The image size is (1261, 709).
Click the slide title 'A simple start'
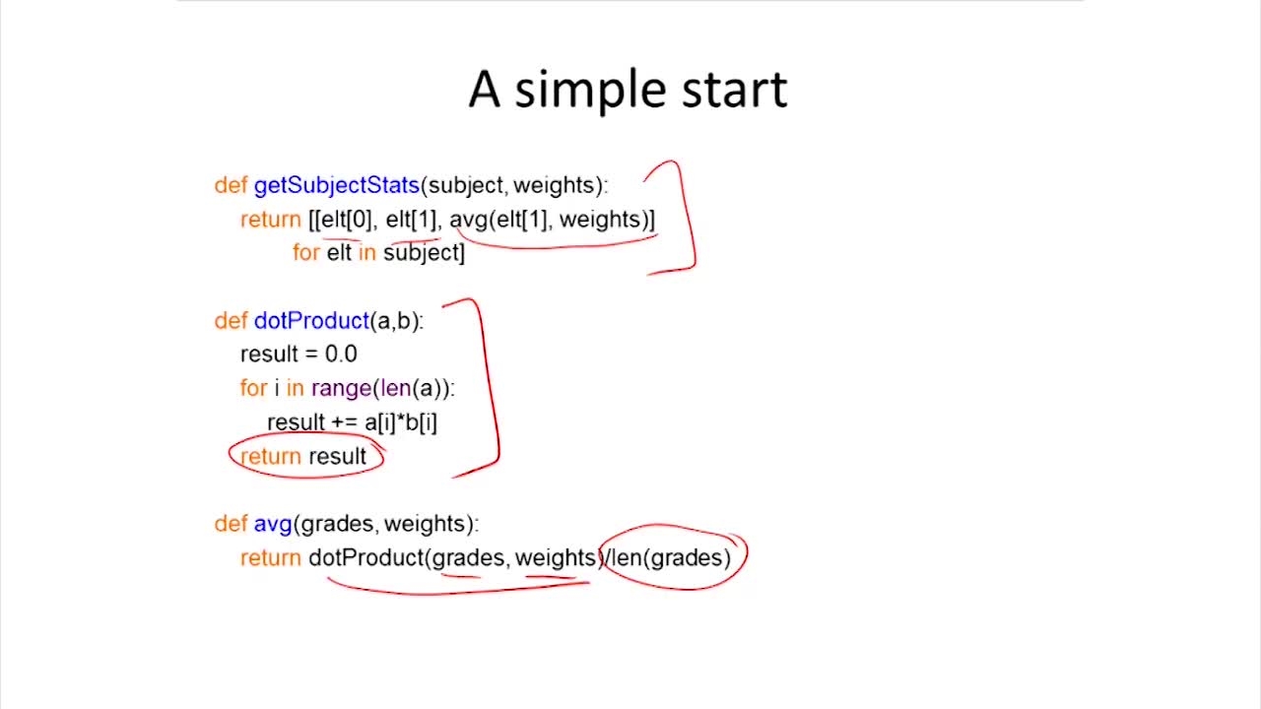[628, 90]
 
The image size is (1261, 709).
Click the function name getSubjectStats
[336, 185]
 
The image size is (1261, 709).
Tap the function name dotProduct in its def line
[310, 321]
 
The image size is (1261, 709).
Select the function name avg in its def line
[273, 524]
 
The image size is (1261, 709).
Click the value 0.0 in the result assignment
[341, 354]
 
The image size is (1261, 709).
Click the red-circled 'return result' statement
[304, 457]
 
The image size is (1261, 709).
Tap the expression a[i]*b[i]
[401, 422]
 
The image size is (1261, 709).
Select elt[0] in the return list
[346, 220]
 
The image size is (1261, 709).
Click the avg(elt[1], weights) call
[551, 220]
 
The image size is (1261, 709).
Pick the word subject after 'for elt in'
[423, 253]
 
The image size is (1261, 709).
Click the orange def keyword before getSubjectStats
[231, 185]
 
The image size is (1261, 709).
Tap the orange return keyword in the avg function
[271, 558]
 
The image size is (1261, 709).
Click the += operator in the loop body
[345, 422]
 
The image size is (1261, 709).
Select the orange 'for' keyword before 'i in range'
[253, 388]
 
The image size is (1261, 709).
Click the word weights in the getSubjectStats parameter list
[557, 185]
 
